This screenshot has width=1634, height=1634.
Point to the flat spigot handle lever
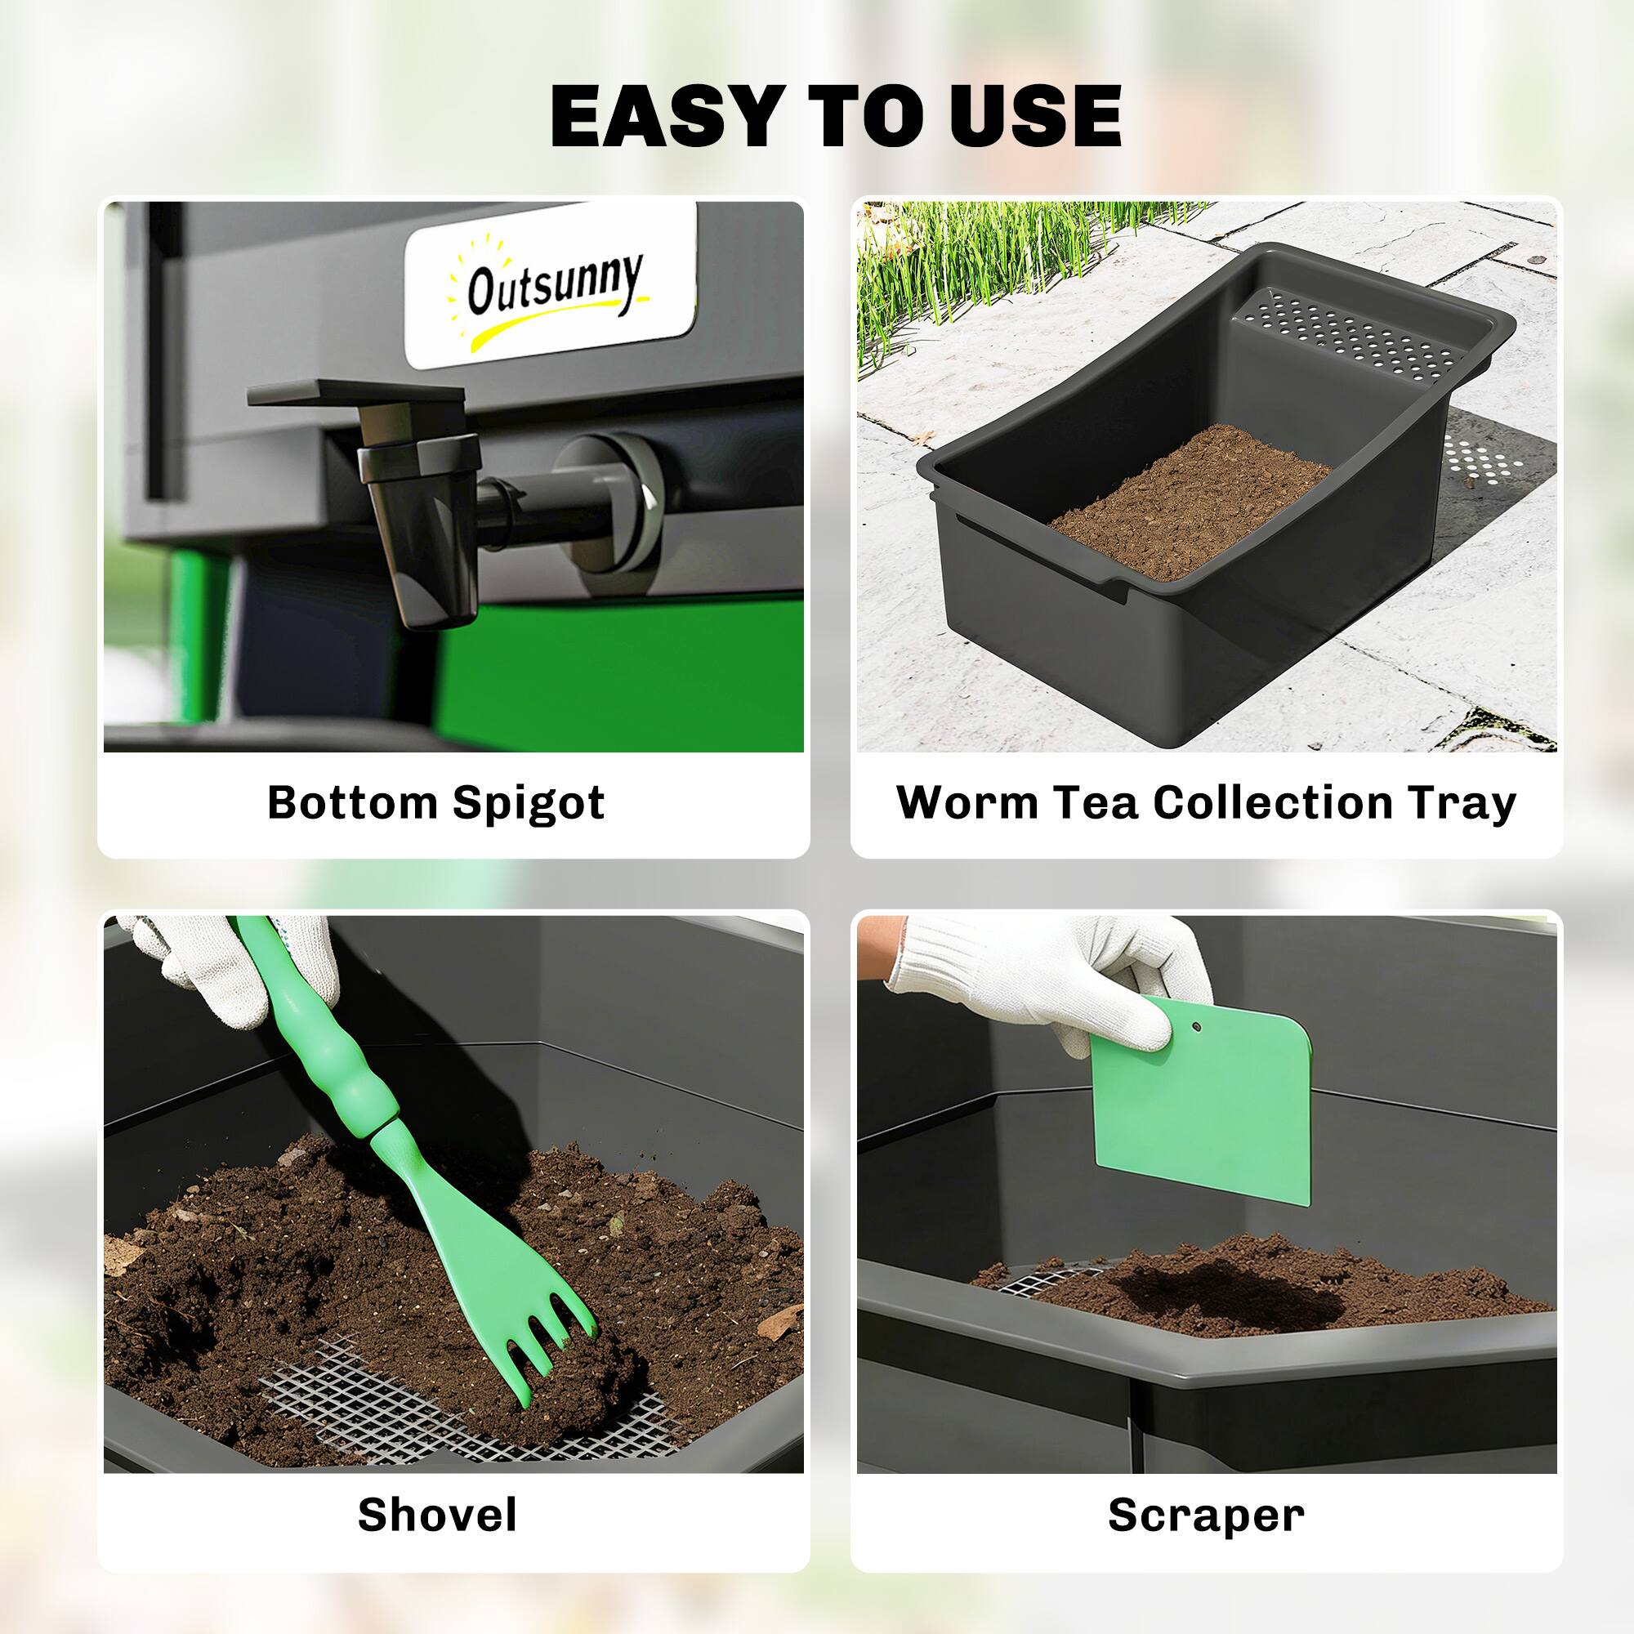pos(355,393)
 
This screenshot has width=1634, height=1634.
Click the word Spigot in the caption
pos(529,803)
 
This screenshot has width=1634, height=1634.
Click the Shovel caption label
pos(437,1515)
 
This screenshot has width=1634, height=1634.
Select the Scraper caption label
pos(1206,1515)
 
